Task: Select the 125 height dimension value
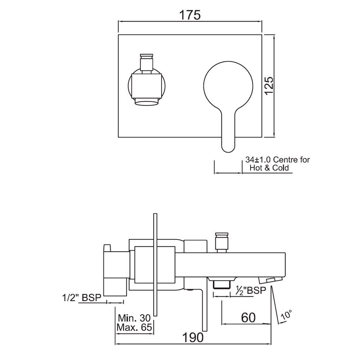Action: point(270,86)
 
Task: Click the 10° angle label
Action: point(286,315)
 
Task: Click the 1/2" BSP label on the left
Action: point(82,298)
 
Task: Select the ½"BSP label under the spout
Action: point(250,290)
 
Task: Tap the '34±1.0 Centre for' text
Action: point(277,159)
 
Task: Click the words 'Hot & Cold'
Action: point(270,168)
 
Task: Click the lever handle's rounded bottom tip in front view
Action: point(228,146)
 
